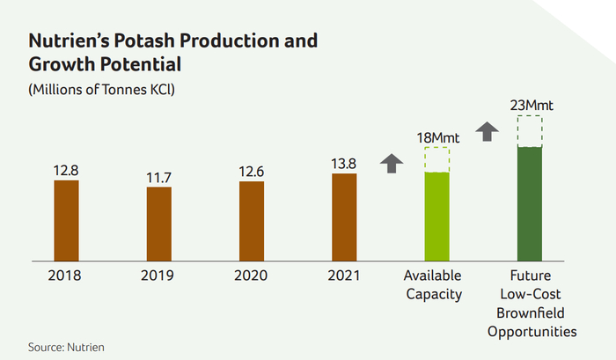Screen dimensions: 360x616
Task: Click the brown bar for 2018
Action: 67,220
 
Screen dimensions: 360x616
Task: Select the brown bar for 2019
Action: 159,224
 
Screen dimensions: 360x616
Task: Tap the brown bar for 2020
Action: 252,220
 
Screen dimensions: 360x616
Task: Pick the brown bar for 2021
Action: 344,217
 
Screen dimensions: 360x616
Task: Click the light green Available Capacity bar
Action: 436,216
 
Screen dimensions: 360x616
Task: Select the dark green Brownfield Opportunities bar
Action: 529,203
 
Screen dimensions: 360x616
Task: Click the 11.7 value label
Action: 159,178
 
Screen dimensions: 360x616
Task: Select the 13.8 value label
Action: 344,164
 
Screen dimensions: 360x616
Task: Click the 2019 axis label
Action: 159,276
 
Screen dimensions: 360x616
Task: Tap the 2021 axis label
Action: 344,276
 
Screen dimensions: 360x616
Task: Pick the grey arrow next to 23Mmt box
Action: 487,132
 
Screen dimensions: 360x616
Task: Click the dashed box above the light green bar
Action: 436,159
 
